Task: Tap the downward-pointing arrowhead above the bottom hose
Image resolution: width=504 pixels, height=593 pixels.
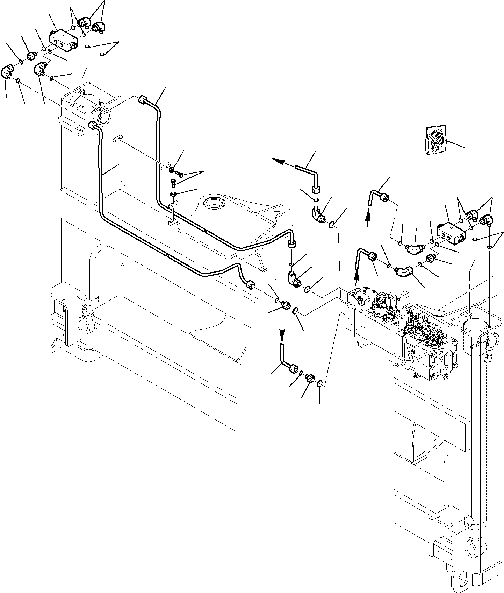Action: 282,339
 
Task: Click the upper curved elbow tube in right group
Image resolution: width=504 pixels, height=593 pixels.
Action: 414,248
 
